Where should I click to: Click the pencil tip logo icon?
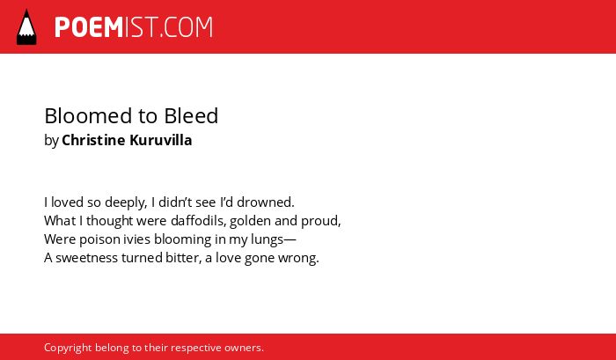click(x=26, y=26)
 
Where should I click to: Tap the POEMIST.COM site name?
click(x=134, y=27)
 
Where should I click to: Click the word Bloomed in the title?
click(x=88, y=115)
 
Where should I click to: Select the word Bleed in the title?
click(x=191, y=115)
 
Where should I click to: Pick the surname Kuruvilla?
click(x=161, y=140)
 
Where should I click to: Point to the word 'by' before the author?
click(x=51, y=141)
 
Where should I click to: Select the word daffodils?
click(x=199, y=221)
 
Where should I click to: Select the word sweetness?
click(x=87, y=258)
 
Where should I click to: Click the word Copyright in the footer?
click(x=68, y=349)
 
